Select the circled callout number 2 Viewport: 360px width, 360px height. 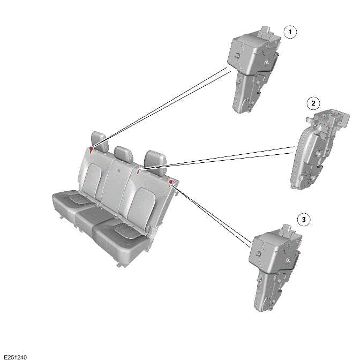313,102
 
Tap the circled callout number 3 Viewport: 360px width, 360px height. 304,220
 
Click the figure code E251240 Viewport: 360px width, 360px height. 15,356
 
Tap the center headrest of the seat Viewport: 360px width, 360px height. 124,154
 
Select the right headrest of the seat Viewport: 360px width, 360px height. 155,159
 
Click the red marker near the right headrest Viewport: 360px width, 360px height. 139,171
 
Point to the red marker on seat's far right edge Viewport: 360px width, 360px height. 171,183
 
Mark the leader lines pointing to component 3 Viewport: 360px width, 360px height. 214,217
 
